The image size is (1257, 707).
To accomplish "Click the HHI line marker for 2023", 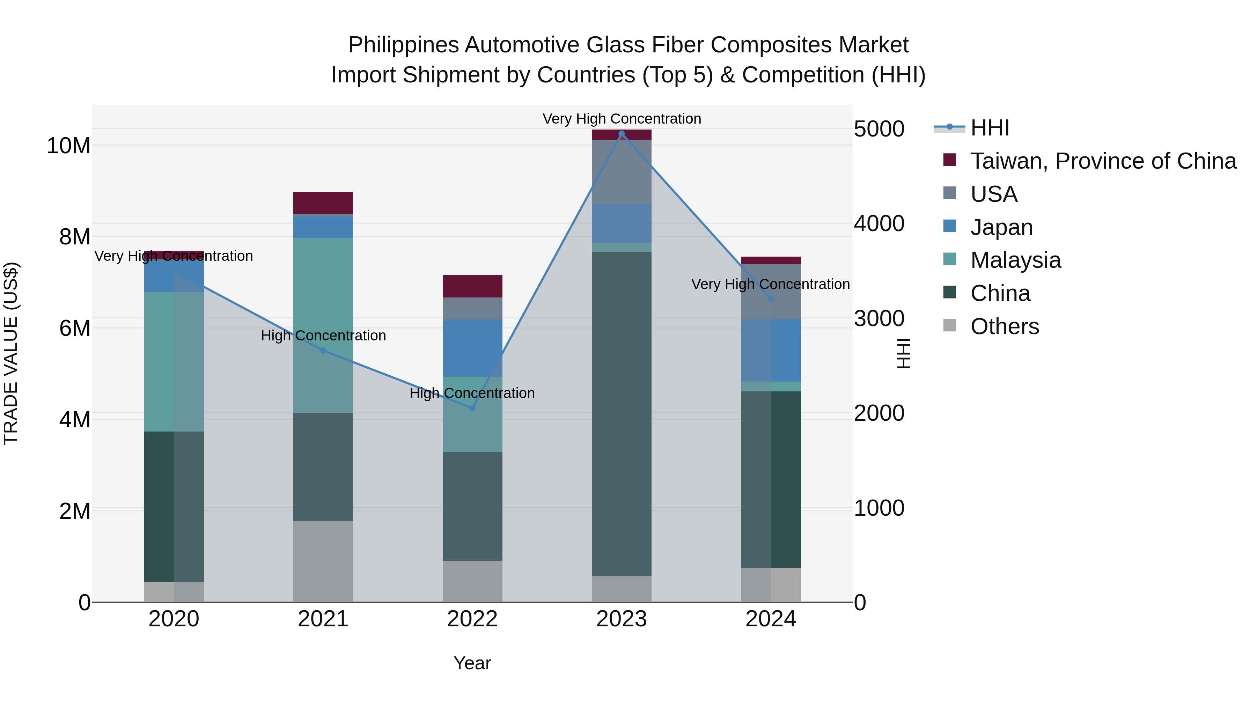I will (x=621, y=134).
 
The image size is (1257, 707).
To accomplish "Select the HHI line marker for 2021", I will (x=323, y=350).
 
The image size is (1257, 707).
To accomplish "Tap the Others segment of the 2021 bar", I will (x=323, y=561).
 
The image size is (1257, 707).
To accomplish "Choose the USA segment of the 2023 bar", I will (x=621, y=172).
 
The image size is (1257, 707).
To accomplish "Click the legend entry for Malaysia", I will (x=1015, y=260).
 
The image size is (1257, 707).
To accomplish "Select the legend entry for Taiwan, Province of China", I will (x=1103, y=161).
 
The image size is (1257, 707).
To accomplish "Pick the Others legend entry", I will (x=1004, y=326).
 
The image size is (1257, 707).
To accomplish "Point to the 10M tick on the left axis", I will (x=68, y=145).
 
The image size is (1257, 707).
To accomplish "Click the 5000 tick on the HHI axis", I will (x=879, y=129).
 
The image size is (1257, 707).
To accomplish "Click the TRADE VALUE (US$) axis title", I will (x=11, y=353).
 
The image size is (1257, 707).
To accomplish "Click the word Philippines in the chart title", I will (x=403, y=45).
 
